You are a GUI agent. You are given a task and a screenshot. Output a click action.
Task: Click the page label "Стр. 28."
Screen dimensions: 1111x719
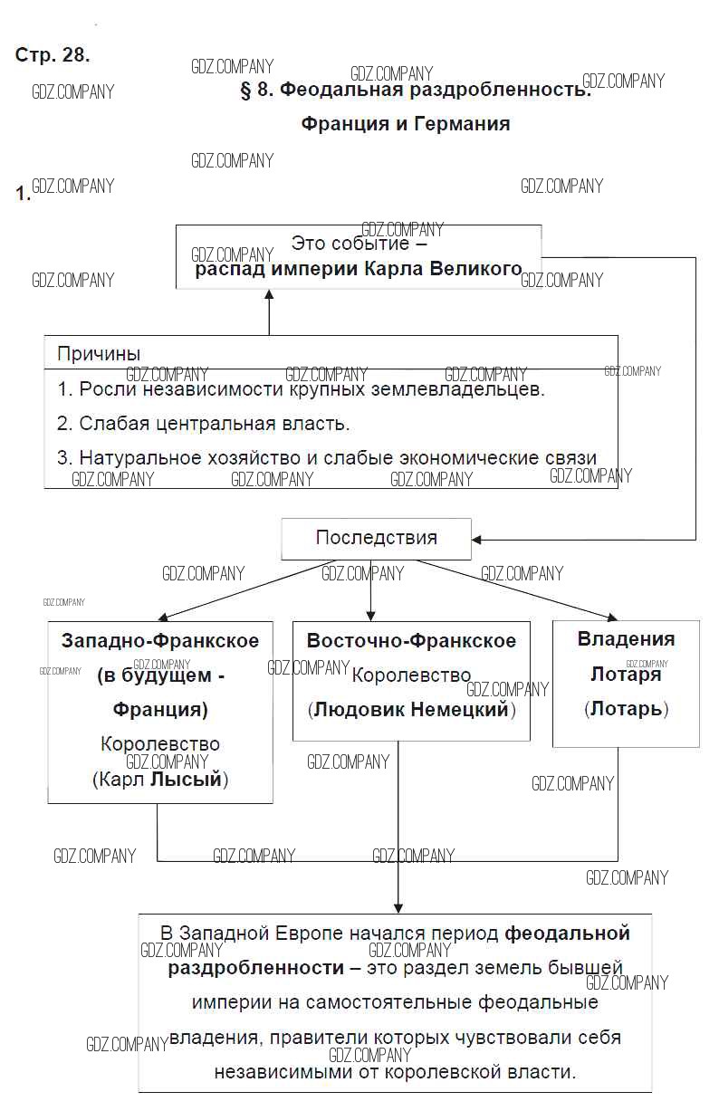(x=53, y=54)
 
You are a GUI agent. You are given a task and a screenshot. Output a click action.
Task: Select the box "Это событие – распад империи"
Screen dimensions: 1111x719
(x=359, y=256)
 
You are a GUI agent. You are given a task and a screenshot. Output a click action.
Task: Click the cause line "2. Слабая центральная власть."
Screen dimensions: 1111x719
(x=203, y=424)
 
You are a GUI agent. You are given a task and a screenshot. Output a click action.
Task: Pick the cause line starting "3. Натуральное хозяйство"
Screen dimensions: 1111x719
(x=326, y=458)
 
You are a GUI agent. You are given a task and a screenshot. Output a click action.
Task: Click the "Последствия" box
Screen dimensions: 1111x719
(x=376, y=538)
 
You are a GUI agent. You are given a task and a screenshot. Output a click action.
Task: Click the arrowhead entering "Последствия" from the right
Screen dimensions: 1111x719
(x=478, y=540)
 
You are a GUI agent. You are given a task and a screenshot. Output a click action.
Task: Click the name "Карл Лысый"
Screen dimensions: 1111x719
(x=160, y=779)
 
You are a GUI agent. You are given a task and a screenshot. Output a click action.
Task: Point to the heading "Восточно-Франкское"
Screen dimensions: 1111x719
(x=411, y=641)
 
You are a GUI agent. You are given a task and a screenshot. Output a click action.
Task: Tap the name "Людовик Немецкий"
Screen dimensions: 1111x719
(x=411, y=709)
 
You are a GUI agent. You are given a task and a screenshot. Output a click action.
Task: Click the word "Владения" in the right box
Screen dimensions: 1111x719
(x=626, y=638)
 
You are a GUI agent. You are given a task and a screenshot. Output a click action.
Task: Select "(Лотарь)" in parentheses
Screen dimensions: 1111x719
(x=626, y=708)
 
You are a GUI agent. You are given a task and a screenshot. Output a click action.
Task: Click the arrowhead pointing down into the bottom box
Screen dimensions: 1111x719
(x=398, y=906)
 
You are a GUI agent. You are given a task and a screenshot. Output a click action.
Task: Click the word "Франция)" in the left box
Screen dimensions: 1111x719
(x=160, y=708)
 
